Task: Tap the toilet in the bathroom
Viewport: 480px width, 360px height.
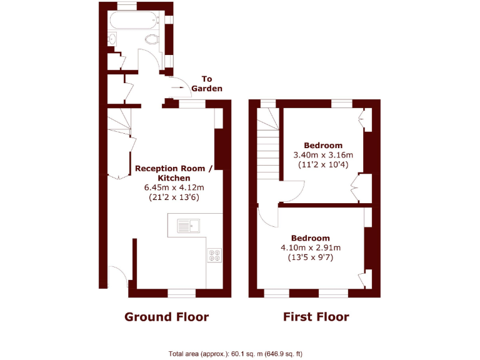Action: coord(152,40)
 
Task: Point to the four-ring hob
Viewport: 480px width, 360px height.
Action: coord(214,254)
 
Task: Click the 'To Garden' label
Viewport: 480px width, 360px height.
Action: coord(206,84)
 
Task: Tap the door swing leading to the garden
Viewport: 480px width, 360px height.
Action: coord(177,83)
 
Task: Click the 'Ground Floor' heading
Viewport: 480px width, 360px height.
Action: coord(166,317)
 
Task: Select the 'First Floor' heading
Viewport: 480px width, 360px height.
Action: coord(316,317)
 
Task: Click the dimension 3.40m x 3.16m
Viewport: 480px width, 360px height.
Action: coord(323,155)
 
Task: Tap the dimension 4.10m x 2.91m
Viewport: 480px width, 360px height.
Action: coord(310,247)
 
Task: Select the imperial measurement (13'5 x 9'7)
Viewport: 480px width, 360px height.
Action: coord(310,257)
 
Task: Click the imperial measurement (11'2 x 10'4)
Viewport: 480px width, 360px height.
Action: coord(323,164)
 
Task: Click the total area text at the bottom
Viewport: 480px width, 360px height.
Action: coord(236,354)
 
